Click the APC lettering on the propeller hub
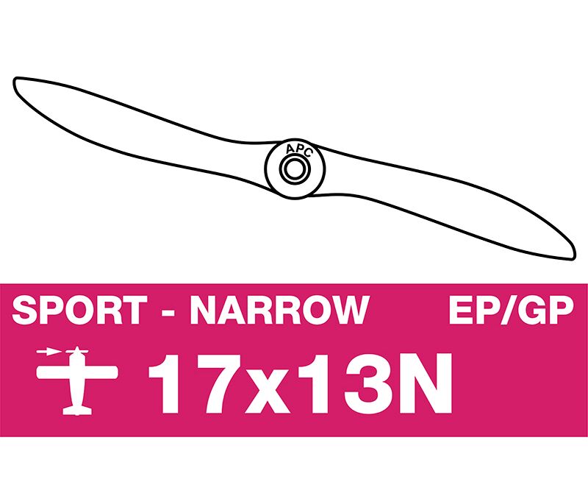298,150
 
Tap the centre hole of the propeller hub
295,169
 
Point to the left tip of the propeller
15,80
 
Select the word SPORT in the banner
79,310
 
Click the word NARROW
280,310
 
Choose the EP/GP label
512,310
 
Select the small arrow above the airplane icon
49,352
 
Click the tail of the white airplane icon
77,411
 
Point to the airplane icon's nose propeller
77,351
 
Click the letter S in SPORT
24,310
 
